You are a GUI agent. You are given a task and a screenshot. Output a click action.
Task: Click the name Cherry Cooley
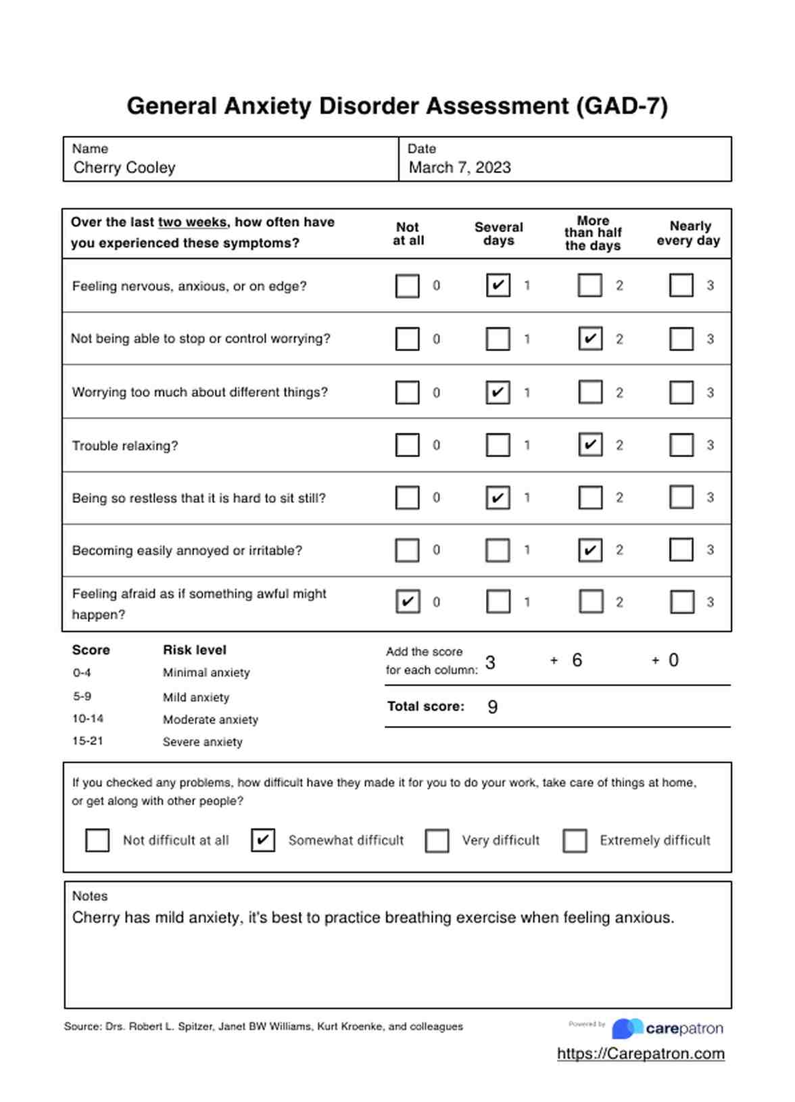[x=124, y=168]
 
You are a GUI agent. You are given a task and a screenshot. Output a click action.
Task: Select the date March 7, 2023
[x=460, y=168]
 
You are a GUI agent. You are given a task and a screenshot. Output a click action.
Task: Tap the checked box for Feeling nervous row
[x=498, y=285]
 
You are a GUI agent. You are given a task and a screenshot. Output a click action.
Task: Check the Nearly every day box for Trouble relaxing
[x=681, y=445]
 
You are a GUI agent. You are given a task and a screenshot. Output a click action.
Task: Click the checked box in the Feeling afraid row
[x=408, y=602]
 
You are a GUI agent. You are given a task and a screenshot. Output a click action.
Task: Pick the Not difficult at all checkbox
[x=97, y=840]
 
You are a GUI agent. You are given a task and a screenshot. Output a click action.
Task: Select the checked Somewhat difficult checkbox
[x=263, y=840]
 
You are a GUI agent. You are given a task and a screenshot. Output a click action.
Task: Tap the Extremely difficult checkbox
[x=575, y=840]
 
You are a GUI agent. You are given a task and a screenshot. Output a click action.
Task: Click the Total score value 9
[x=493, y=707]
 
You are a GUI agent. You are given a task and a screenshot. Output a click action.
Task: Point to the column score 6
[x=577, y=661]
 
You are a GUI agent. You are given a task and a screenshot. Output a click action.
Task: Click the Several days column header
[x=499, y=234]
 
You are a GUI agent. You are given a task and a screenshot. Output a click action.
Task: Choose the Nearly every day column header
[x=689, y=233]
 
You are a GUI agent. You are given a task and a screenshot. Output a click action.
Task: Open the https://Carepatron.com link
[x=641, y=1054]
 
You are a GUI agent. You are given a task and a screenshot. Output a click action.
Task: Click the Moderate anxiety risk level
[x=210, y=720]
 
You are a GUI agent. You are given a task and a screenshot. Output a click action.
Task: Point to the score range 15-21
[x=88, y=741]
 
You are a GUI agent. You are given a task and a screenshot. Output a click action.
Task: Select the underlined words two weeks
[x=193, y=222]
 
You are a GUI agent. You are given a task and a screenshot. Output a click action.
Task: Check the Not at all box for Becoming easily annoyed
[x=407, y=550]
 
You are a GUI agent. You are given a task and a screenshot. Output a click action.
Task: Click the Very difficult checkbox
[x=437, y=840]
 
